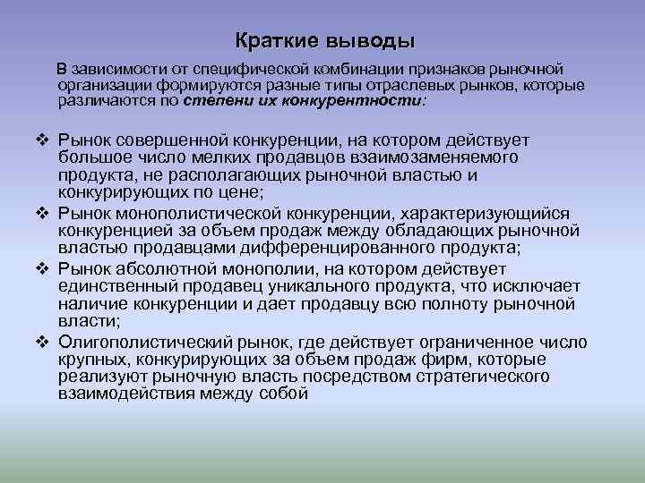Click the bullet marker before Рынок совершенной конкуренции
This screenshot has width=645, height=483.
(43, 140)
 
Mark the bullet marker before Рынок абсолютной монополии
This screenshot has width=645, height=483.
(43, 269)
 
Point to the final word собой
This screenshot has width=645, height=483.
(281, 394)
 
